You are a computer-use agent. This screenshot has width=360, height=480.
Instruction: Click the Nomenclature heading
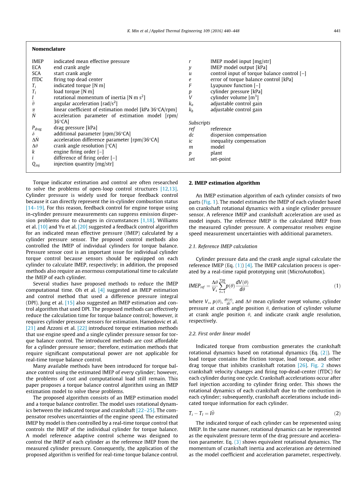point(49,49)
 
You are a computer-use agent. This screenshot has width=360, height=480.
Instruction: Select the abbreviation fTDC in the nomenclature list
point(37,79)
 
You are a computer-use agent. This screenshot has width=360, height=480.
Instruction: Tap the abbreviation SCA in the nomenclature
point(36,74)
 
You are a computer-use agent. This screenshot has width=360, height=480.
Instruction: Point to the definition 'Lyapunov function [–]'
point(235,86)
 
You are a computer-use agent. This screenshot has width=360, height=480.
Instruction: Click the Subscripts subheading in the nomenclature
point(199,123)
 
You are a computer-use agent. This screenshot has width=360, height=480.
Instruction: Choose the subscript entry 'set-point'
point(221,159)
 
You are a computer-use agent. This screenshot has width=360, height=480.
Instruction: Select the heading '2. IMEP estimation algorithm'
point(224,183)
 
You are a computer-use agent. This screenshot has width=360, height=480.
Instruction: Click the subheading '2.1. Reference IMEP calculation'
point(223,247)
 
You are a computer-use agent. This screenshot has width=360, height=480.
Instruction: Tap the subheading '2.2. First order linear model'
point(220,334)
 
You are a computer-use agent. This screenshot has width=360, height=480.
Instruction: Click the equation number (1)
point(337,286)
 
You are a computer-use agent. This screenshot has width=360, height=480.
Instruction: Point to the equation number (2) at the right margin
point(337,413)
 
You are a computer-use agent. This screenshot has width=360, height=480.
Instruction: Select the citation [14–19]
point(35,208)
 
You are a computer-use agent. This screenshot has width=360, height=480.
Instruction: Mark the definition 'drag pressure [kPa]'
point(76,128)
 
